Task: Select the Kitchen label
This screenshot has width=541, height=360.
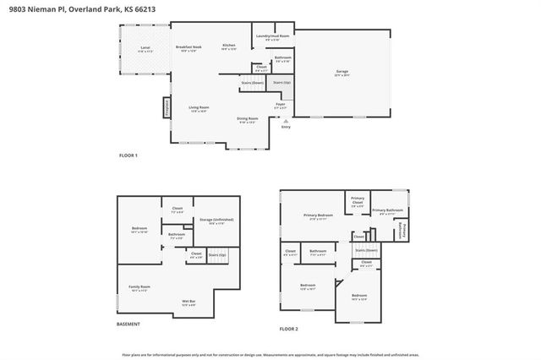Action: pyautogui.click(x=228, y=46)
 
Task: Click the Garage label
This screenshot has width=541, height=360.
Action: pyautogui.click(x=342, y=73)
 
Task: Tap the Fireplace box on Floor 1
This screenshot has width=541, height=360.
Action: pyautogui.click(x=167, y=107)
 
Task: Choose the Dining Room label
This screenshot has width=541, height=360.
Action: pyautogui.click(x=247, y=119)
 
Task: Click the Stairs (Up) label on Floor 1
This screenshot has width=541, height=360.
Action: pyautogui.click(x=281, y=83)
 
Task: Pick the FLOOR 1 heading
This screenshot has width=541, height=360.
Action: pyautogui.click(x=129, y=156)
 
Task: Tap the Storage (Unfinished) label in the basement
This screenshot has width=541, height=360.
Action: pyautogui.click(x=216, y=221)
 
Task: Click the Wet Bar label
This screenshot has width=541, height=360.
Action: pyautogui.click(x=189, y=302)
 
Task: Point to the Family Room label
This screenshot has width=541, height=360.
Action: pyautogui.click(x=139, y=288)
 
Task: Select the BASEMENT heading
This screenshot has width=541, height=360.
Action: pyautogui.click(x=128, y=325)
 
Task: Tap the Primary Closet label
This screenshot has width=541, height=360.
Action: pyautogui.click(x=358, y=201)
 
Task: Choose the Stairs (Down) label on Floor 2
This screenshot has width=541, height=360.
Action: pyautogui.click(x=365, y=251)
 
